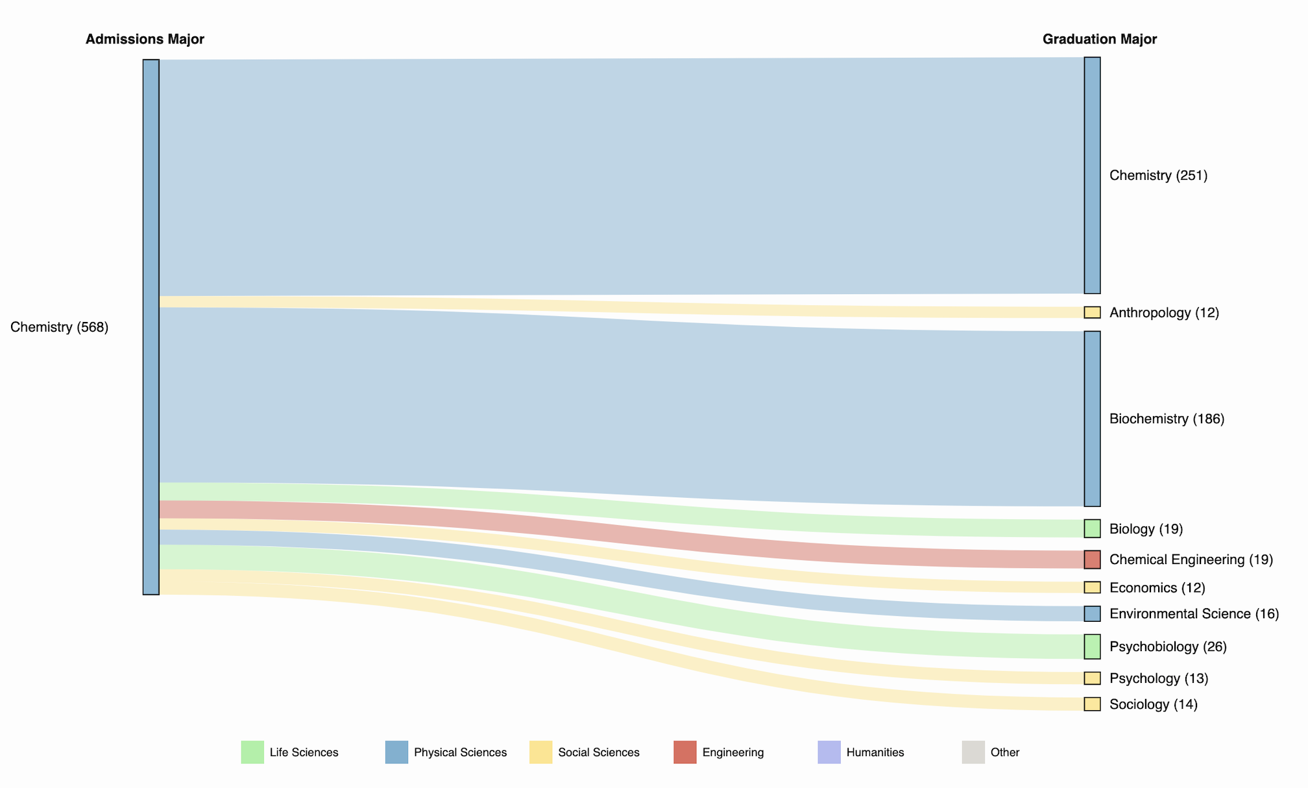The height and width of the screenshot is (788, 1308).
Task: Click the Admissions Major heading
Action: pyautogui.click(x=145, y=40)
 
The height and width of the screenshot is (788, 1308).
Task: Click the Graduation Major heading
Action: pyautogui.click(x=1099, y=40)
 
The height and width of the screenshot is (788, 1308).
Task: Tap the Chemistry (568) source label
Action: pyautogui.click(x=60, y=327)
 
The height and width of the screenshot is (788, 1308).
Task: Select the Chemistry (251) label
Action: pyautogui.click(x=1158, y=175)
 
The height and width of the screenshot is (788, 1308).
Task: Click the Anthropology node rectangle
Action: pyautogui.click(x=1092, y=313)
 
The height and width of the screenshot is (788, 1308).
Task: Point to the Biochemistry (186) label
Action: pyautogui.click(x=1167, y=419)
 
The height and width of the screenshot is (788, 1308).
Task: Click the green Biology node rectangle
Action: pyautogui.click(x=1092, y=528)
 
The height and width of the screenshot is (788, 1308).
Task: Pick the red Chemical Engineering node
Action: pyautogui.click(x=1092, y=560)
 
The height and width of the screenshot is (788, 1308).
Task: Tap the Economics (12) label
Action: pyautogui.click(x=1157, y=587)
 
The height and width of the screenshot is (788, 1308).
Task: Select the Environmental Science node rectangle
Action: pyautogui.click(x=1092, y=613)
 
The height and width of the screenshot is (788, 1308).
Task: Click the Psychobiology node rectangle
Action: pyautogui.click(x=1092, y=646)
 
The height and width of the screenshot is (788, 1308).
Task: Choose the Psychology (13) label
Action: pyautogui.click(x=1159, y=678)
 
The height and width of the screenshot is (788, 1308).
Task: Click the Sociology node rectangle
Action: pyautogui.click(x=1092, y=704)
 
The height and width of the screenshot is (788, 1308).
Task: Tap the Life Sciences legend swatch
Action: pyautogui.click(x=252, y=752)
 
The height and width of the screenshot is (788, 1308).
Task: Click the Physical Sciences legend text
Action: pyautogui.click(x=460, y=752)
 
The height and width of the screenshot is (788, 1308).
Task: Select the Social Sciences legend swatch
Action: pyautogui.click(x=540, y=752)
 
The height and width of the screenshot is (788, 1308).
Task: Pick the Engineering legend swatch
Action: pyautogui.click(x=684, y=752)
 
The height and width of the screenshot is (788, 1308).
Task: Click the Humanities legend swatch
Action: pyautogui.click(x=829, y=752)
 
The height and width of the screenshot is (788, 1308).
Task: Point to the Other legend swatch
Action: pyautogui.click(x=973, y=752)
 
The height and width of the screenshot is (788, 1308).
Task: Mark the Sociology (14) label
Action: pyautogui.click(x=1153, y=704)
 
